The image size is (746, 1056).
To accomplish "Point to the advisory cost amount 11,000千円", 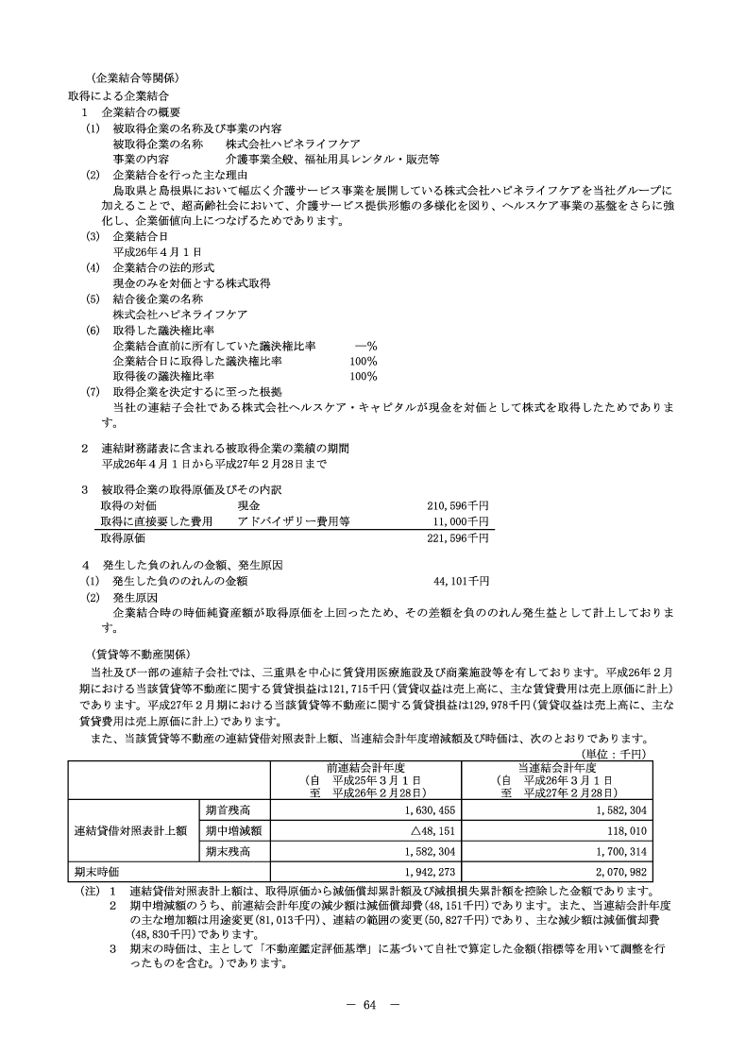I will click(462, 520).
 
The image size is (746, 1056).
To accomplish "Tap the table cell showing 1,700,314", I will click(618, 851).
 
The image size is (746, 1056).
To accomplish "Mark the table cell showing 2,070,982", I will click(618, 872).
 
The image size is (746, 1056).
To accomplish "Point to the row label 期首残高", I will click(232, 809).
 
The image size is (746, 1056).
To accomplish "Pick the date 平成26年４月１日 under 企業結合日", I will click(158, 250).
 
